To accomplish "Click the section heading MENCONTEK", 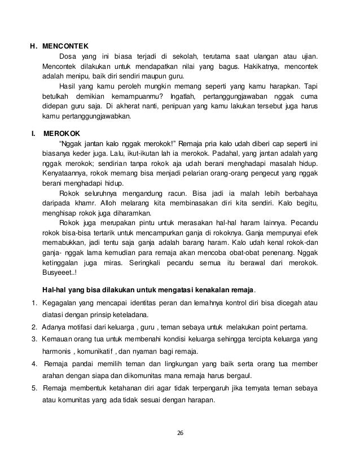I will coord(65,46).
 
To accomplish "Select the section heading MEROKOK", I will coord(62,134).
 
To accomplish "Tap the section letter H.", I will coord(33,46).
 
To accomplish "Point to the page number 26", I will coord(180,432).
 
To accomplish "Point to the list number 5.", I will coord(34,389).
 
